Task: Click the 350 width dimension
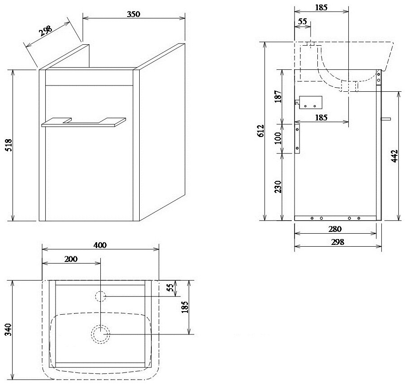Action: [133, 14]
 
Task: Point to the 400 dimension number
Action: [100, 245]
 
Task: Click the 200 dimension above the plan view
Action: [71, 259]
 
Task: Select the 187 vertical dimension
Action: [278, 96]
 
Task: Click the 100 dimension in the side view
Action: [278, 138]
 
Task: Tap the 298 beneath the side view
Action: [338, 242]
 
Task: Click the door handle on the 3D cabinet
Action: [84, 122]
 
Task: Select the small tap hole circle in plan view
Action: [100, 296]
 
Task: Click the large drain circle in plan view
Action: [100, 334]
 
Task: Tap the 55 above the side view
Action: [302, 21]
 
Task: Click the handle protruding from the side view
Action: [386, 119]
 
